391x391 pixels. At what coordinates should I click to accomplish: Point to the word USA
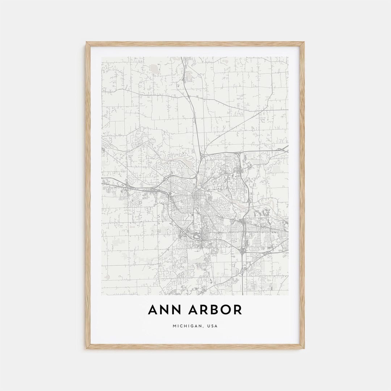tap(213, 326)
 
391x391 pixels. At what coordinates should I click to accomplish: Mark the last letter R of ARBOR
tap(237, 310)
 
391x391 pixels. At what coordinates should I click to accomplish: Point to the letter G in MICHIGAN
tap(193, 326)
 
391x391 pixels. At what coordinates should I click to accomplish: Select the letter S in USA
tap(213, 326)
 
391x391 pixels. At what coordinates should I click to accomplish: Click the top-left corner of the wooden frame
tap(87, 42)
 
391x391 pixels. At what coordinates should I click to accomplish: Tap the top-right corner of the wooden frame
tap(304, 42)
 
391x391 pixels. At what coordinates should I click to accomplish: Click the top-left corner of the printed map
tap(102, 57)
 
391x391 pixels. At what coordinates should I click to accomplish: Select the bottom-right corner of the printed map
tap(289, 295)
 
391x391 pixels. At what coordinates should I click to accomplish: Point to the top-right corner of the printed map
tap(289, 57)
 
